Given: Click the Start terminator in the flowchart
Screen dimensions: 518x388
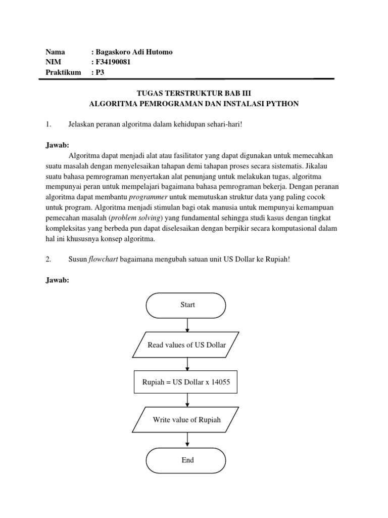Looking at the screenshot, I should (x=186, y=305).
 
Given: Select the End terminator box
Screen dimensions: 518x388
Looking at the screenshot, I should (x=186, y=460).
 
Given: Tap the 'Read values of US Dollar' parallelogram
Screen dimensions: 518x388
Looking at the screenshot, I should (x=186, y=345).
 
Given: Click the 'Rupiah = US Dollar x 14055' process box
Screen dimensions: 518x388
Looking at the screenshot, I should (x=186, y=382).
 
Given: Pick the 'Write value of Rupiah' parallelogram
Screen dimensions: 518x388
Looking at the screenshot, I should (x=186, y=420).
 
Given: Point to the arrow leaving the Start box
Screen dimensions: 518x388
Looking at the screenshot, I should (x=187, y=325).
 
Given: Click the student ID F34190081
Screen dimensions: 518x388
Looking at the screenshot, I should (x=116, y=62).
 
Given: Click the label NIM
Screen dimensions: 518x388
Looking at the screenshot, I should (x=53, y=62).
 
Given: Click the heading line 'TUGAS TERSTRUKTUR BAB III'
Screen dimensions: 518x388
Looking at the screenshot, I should (x=194, y=94).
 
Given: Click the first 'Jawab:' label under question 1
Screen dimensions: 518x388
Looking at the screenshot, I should (x=57, y=145).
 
